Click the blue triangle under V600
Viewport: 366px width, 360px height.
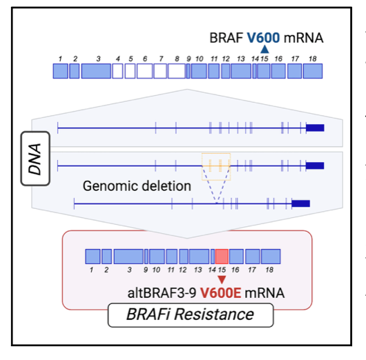pyautogui.click(x=264, y=50)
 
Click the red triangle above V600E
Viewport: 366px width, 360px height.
pyautogui.click(x=222, y=279)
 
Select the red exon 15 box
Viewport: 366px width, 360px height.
pyautogui.click(x=222, y=257)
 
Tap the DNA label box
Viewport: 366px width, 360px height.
pyautogui.click(x=35, y=159)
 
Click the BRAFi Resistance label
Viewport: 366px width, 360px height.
pyautogui.click(x=191, y=314)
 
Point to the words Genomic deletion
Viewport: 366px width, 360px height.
pyautogui.click(x=137, y=186)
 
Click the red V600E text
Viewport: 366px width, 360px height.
pyautogui.click(x=220, y=293)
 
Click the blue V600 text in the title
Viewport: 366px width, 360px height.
pyautogui.click(x=263, y=38)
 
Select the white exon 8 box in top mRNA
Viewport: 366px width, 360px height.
pyautogui.click(x=177, y=71)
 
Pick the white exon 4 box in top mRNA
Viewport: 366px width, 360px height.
pyautogui.click(x=117, y=71)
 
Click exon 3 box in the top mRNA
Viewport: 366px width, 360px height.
pyautogui.click(x=96, y=71)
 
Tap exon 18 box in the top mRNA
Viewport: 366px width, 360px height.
pyautogui.click(x=313, y=71)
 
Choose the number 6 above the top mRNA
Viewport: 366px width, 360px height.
pyautogui.click(x=145, y=59)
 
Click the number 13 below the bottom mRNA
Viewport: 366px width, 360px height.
pyautogui.click(x=198, y=270)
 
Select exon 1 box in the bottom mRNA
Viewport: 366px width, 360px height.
pyautogui.click(x=93, y=257)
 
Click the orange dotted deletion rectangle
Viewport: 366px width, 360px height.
pyautogui.click(x=216, y=153)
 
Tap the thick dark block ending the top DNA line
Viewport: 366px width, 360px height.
pyautogui.click(x=315, y=128)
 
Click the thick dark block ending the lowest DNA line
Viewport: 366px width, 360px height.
pyautogui.click(x=301, y=203)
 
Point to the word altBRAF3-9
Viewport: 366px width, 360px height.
pyautogui.click(x=162, y=293)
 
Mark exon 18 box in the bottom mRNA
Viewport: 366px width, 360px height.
pyautogui.click(x=271, y=257)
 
